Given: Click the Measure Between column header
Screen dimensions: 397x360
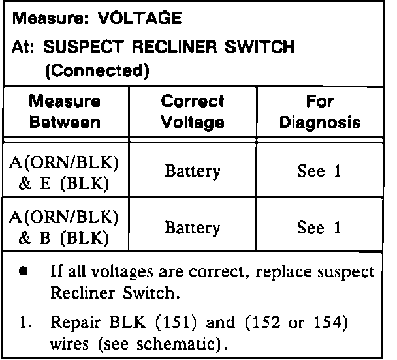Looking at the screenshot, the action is tap(65, 112).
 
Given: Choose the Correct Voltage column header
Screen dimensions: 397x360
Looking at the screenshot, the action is tap(192, 112).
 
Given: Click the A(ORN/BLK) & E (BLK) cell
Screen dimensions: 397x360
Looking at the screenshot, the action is tap(64, 172).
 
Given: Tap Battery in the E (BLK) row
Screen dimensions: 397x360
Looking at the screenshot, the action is tap(192, 172).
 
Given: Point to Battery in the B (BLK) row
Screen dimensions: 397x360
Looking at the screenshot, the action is tap(192, 228).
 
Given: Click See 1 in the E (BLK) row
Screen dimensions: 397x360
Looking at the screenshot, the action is tap(319, 172).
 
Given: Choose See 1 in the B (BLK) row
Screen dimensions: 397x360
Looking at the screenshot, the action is tap(319, 228).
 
